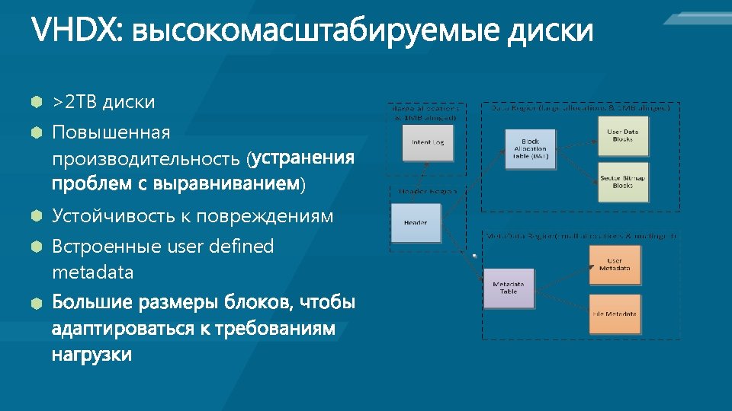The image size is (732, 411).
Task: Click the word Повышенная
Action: [x=111, y=133]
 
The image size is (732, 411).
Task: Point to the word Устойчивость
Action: [x=112, y=216]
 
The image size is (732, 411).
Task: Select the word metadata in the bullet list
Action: [x=92, y=272]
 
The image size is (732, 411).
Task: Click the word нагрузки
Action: [x=91, y=354]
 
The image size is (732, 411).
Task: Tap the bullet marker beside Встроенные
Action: [x=35, y=247]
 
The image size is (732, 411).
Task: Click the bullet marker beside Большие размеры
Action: [x=35, y=304]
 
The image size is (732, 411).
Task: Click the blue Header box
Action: [x=416, y=223]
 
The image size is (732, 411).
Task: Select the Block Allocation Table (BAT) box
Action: [x=531, y=149]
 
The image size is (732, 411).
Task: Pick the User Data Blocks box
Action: [x=622, y=135]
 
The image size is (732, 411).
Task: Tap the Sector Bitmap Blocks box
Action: [x=622, y=182]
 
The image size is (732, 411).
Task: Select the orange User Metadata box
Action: [x=615, y=265]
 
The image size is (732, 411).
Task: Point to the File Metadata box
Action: [x=615, y=313]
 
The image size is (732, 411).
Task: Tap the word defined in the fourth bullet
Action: [x=237, y=247]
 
